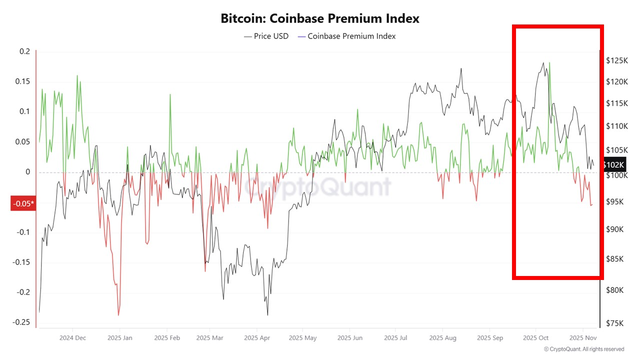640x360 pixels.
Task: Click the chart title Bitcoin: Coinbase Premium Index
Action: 320,18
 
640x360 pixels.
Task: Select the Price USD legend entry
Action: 266,36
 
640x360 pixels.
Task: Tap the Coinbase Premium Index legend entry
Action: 346,36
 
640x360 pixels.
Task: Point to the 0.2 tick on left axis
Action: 25,51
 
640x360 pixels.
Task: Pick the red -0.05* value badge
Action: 23,203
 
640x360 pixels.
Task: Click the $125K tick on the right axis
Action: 617,60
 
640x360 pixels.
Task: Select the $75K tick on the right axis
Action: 615,323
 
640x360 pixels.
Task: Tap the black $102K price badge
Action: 613,165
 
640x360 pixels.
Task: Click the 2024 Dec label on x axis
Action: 72,337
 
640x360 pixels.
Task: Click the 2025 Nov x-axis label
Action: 582,337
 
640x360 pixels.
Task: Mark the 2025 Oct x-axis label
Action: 535,337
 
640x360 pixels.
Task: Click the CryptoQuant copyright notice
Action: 583,349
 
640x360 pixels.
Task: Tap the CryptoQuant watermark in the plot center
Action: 317,187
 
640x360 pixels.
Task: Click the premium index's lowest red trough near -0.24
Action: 118,315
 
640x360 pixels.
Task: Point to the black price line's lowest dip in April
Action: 267,315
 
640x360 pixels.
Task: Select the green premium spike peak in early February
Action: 170,94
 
